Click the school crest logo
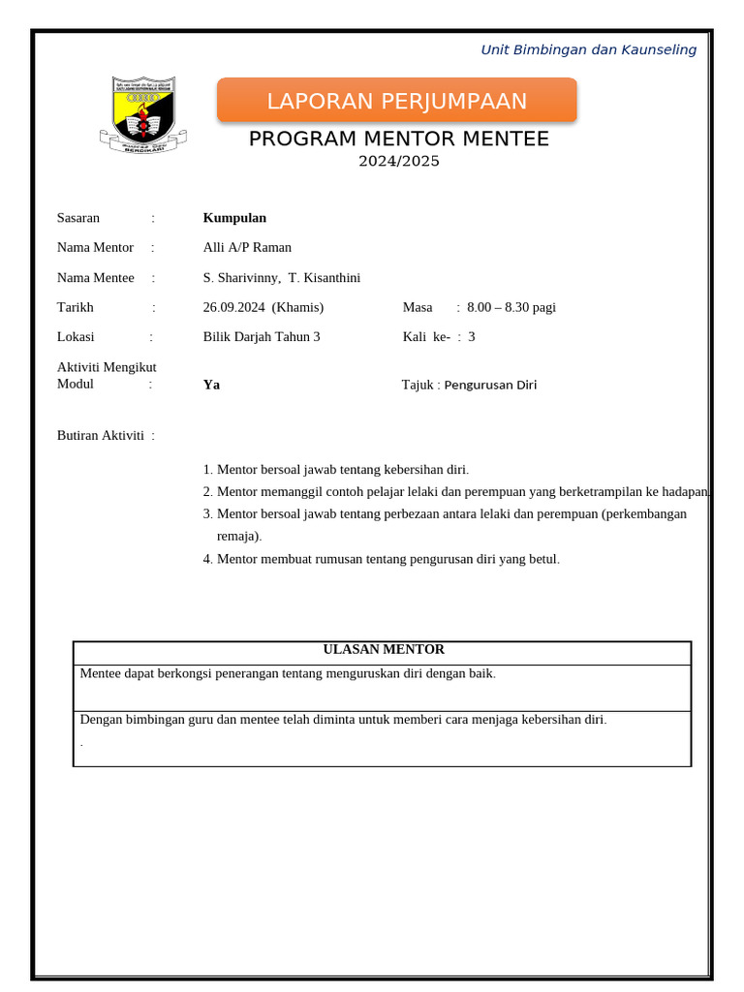click(143, 114)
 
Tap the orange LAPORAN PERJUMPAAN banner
click(396, 101)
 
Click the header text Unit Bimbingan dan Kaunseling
click(588, 50)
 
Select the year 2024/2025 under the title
click(398, 161)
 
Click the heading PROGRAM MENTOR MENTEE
click(398, 139)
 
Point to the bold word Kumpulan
click(234, 218)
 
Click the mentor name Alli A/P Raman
click(247, 247)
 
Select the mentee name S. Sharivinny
click(241, 278)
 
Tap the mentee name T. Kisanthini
click(325, 278)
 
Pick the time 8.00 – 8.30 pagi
click(511, 308)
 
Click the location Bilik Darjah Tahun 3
click(262, 337)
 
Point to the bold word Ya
click(211, 385)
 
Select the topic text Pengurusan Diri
click(490, 385)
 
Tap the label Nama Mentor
click(95, 247)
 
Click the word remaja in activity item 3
click(237, 536)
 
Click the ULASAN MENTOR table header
click(383, 650)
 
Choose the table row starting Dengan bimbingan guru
click(343, 720)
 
